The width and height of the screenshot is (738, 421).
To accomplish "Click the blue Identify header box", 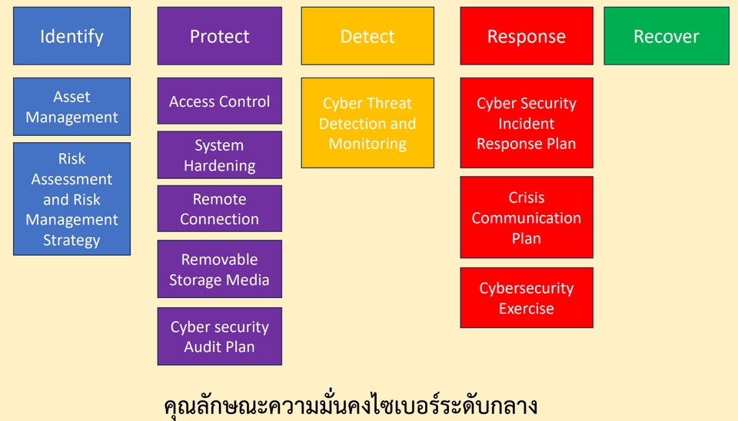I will tap(71, 36).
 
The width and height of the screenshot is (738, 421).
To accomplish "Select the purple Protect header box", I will tap(219, 36).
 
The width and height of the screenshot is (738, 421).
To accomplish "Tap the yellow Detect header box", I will tap(367, 36).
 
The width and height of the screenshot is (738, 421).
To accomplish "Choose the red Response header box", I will tap(527, 36).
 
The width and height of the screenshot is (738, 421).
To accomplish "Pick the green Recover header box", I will tap(666, 36).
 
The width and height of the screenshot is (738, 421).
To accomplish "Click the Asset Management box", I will tap(71, 107).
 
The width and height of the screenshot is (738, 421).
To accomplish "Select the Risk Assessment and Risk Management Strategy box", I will tap(71, 199).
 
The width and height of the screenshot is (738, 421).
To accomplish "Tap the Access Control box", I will tap(219, 101).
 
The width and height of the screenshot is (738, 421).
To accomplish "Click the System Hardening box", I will tap(219, 155).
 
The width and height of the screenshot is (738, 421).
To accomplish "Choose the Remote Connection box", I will tap(219, 208).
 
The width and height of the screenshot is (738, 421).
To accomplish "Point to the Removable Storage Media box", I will tap(219, 269).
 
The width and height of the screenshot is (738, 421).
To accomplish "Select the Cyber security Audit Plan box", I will tap(219, 336).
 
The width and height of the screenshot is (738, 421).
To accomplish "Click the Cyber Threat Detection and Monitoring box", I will tap(367, 123).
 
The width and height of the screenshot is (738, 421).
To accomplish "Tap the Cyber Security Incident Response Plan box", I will tap(527, 123).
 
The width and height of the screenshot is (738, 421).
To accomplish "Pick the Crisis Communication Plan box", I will tap(527, 217).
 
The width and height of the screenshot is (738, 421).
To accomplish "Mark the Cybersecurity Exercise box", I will tap(527, 298).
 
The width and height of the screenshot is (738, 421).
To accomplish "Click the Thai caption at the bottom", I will tap(351, 406).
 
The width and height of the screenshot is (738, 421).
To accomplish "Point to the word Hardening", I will tap(219, 166).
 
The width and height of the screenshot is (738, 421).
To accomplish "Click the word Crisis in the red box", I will tap(527, 198).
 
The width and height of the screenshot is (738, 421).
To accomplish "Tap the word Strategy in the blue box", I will tap(71, 240).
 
